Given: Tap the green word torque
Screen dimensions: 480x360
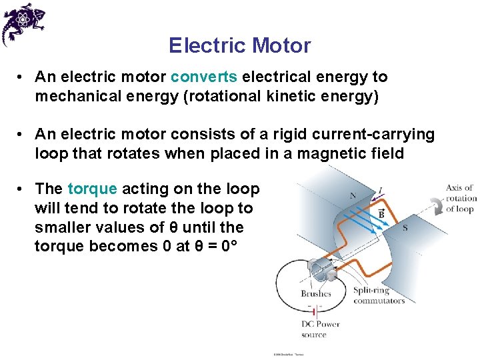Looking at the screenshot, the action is tap(92, 189).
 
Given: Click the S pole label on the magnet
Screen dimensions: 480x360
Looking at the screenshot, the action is tap(405, 229).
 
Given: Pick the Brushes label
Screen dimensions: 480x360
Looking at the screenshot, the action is tap(316, 293).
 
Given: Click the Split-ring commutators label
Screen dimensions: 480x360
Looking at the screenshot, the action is tap(379, 295).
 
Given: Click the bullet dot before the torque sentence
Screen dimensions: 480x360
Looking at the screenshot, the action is tap(21, 189).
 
